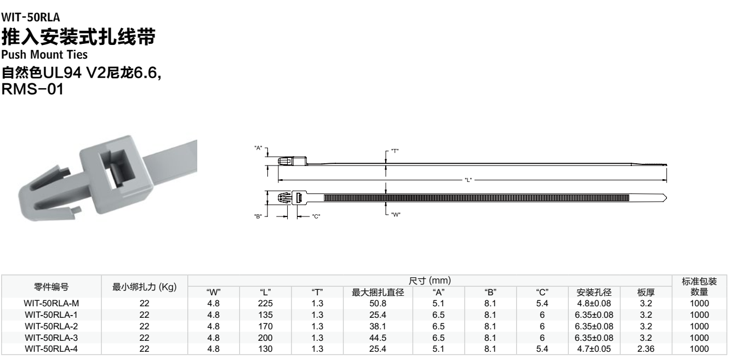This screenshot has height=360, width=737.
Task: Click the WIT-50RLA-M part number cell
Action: [x=52, y=303]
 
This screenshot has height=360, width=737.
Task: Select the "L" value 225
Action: [x=265, y=303]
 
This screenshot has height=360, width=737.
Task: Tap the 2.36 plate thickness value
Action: [x=645, y=349]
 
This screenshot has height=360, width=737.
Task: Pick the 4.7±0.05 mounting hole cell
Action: [x=594, y=349]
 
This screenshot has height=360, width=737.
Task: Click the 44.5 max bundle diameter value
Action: [x=378, y=338]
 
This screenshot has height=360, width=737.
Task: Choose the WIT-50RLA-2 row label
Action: [x=52, y=326]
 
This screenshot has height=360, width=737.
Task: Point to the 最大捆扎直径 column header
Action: [x=378, y=292]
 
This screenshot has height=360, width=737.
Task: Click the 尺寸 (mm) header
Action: [x=430, y=281]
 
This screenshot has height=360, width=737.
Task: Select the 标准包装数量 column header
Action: [x=699, y=286]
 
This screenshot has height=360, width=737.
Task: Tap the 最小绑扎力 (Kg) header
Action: [x=145, y=287]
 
